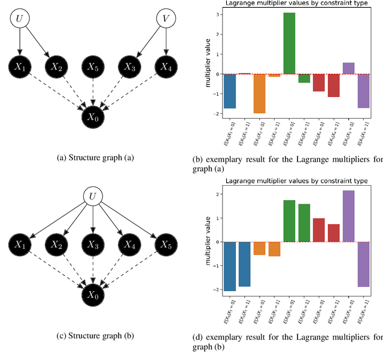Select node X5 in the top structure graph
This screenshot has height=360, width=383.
click(x=92, y=67)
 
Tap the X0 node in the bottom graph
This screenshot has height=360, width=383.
click(x=92, y=295)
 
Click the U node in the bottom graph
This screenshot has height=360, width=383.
click(x=92, y=196)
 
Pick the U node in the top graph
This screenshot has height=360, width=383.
click(x=19, y=19)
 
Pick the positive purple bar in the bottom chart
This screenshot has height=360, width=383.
click(x=349, y=216)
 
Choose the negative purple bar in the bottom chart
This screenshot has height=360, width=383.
click(x=364, y=264)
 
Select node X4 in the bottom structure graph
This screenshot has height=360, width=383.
click(x=128, y=244)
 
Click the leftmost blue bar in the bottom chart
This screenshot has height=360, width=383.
click(x=230, y=266)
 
